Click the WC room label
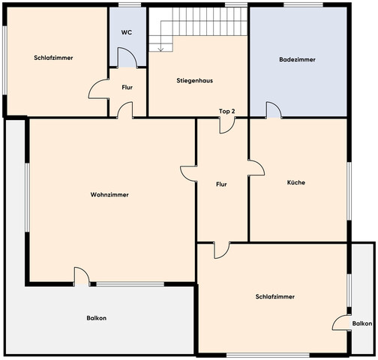click(127, 33)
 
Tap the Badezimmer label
click(297, 59)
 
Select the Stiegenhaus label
click(195, 80)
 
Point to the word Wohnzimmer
click(109, 194)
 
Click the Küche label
click(296, 182)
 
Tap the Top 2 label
click(227, 112)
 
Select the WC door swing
click(127, 58)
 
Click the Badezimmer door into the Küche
click(274, 109)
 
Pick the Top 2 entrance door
click(227, 125)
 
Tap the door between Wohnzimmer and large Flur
click(188, 173)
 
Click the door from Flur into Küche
click(256, 167)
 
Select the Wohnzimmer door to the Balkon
click(82, 276)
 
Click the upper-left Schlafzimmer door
click(98, 88)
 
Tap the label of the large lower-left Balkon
click(97, 318)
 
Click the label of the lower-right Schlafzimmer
click(275, 297)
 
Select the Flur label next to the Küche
click(221, 184)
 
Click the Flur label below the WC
click(127, 88)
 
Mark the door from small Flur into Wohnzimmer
click(124, 109)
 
